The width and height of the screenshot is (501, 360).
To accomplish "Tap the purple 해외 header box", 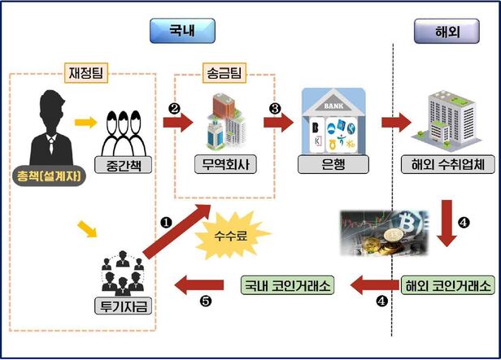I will (447, 31).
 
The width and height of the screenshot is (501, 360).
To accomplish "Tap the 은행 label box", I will (333, 163).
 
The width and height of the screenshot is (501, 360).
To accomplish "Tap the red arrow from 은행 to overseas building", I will (396, 124).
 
